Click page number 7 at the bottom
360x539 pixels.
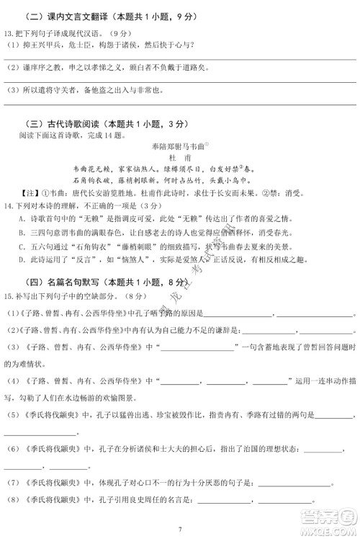click(x=180, y=528)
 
